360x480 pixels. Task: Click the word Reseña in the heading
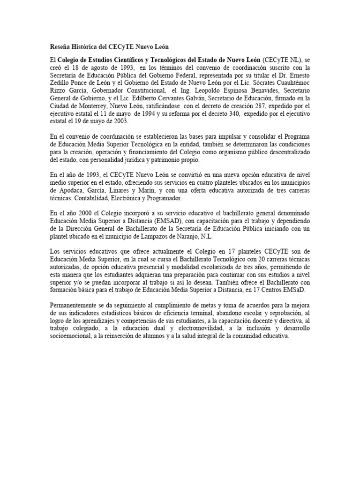[61, 47]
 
